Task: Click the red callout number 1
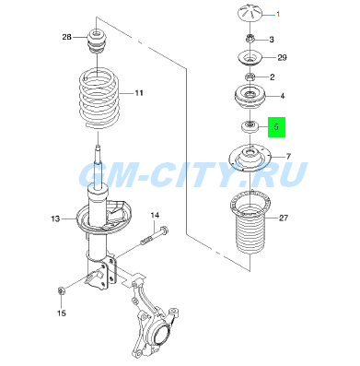click(278, 14)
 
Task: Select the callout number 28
click(66, 37)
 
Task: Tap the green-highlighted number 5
click(276, 126)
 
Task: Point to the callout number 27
click(284, 218)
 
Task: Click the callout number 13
click(55, 218)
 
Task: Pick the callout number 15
click(62, 313)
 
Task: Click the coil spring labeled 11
click(99, 98)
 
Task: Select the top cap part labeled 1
click(250, 13)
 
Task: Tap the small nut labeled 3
click(250, 39)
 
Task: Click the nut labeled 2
click(250, 77)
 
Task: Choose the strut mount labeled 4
click(250, 96)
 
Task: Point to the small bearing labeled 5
click(250, 126)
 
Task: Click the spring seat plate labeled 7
click(250, 159)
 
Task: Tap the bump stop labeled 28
click(97, 40)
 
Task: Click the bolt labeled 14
click(155, 236)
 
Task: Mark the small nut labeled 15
click(62, 290)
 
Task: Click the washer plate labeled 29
click(250, 58)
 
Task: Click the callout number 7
click(288, 157)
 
